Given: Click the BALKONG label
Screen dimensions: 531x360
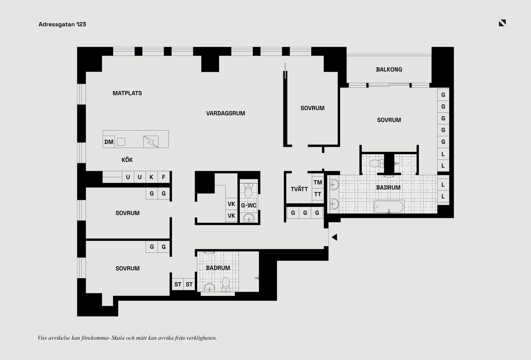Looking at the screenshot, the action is [389, 69].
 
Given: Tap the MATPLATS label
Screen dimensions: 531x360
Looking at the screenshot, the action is [127, 93].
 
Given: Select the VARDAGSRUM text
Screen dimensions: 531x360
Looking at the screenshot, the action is [226, 113].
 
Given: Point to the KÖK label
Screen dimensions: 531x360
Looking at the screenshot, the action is [127, 160].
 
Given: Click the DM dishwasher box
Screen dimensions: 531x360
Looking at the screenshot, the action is [109, 142].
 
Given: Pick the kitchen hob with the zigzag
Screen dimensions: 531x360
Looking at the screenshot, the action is [151, 142].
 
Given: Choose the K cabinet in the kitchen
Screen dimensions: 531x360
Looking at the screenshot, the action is [152, 177].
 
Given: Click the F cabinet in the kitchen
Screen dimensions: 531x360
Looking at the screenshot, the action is [163, 177].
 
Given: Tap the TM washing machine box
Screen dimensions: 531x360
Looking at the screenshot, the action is [318, 182].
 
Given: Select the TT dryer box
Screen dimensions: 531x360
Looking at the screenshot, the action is [318, 194].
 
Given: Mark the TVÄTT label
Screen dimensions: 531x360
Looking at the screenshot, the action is [299, 189].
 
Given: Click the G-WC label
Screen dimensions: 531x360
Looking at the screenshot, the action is [249, 205].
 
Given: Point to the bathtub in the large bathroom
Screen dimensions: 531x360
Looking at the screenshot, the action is [389, 207].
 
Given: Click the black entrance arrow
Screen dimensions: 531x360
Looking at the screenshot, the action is [334, 237].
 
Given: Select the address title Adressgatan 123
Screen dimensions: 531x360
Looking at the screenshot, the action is [62, 24].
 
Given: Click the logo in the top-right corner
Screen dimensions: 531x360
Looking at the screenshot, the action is [502, 23].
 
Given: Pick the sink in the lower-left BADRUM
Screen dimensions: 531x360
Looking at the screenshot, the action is [209, 288].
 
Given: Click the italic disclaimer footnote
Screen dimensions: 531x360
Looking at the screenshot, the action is [127, 338].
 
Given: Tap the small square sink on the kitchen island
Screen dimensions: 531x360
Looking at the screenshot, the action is [121, 142].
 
